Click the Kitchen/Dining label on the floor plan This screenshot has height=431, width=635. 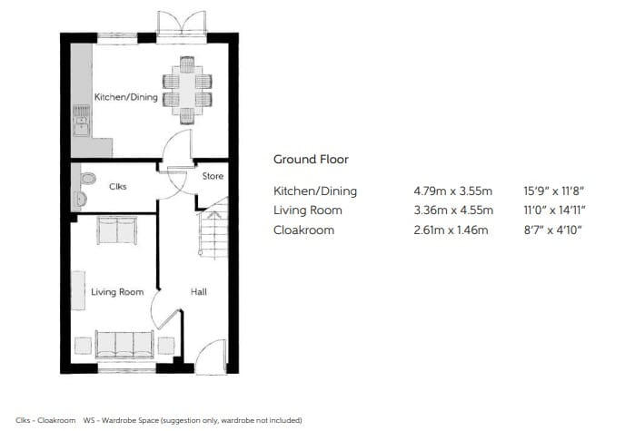126,97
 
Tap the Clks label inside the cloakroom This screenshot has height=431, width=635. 118,186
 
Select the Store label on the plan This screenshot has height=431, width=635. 213,176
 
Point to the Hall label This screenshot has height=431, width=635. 199,291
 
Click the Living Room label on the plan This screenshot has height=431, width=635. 117,292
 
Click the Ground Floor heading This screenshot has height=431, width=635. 311,160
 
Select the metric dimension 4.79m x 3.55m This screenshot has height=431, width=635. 453,191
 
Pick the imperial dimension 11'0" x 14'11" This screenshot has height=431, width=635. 554,211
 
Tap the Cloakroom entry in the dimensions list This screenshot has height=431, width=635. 303,230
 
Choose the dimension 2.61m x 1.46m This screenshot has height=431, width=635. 451,230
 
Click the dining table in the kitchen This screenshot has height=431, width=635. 187,90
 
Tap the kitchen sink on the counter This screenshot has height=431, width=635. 82,121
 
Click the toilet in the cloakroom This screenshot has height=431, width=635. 87,179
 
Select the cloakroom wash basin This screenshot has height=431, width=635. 81,199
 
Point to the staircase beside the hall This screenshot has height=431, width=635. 213,228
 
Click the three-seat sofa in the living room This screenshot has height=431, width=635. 124,344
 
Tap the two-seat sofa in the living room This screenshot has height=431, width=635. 117,230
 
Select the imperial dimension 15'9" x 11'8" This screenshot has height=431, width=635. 553,191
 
